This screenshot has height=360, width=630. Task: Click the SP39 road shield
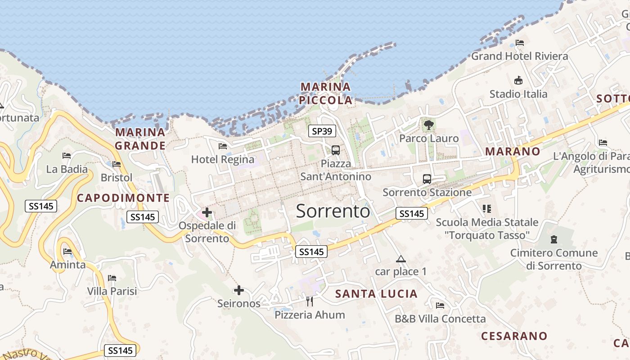tap(322, 131)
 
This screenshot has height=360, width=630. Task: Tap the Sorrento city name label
tap(333, 211)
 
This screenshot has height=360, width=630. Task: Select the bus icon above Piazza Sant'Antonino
tap(336, 150)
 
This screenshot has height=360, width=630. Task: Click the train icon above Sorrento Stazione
tap(427, 179)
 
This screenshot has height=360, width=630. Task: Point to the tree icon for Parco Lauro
tap(428, 125)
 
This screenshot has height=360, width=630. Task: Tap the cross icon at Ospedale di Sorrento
tap(207, 212)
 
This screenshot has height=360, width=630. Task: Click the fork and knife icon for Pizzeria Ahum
tap(310, 301)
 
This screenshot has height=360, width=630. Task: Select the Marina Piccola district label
tap(326, 94)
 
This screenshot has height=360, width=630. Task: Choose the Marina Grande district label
tap(140, 139)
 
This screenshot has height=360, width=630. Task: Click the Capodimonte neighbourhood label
tap(123, 198)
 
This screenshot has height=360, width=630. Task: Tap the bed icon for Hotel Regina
tap(222, 146)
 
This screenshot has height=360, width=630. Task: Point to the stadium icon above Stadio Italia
tap(518, 81)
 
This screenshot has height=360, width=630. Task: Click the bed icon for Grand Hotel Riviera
tap(520, 43)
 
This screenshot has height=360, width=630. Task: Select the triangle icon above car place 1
tap(400, 259)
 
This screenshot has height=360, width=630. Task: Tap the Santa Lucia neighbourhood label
tap(377, 294)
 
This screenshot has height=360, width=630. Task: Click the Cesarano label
tap(514, 336)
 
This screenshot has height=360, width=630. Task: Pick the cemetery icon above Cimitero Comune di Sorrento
tap(553, 239)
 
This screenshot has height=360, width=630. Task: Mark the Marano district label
tap(513, 152)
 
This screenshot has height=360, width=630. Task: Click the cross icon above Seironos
tap(239, 290)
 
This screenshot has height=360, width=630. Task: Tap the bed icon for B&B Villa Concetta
tap(440, 306)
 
